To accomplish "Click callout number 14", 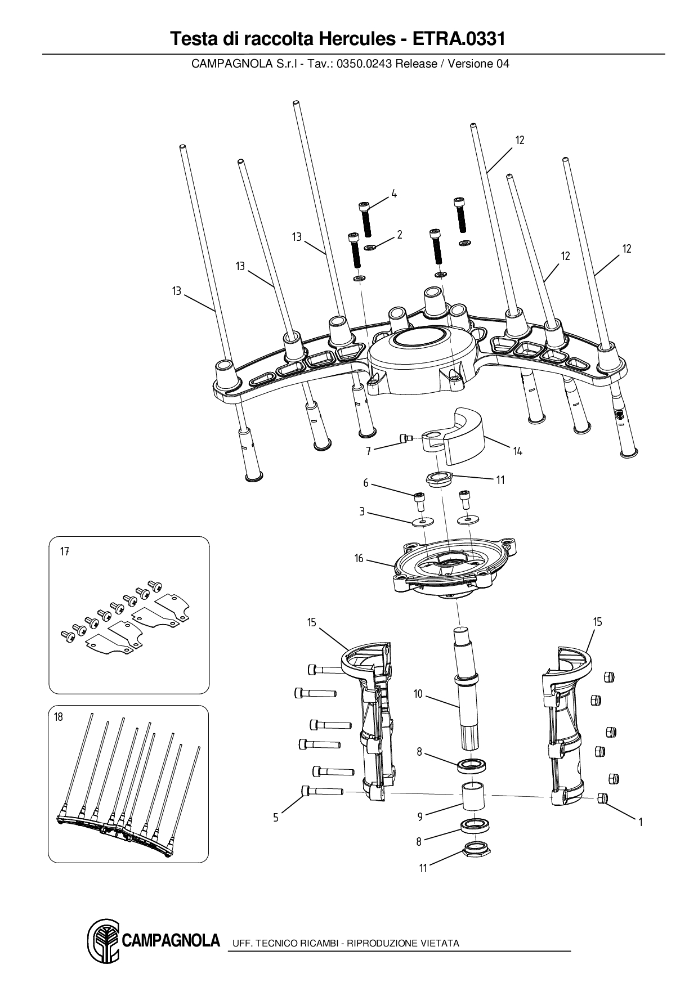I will click(x=517, y=451).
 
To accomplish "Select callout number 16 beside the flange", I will click(x=359, y=558).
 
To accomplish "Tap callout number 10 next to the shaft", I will click(x=418, y=694).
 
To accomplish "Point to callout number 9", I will click(x=419, y=816).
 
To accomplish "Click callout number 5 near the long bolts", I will click(x=276, y=818).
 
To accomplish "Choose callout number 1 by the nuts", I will click(x=641, y=822).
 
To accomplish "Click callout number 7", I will click(x=368, y=451).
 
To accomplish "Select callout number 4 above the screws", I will click(x=394, y=194).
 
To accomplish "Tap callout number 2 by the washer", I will click(x=399, y=235).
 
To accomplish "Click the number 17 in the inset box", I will click(x=65, y=551).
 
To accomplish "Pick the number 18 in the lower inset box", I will click(x=59, y=717).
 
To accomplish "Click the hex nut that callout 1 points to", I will click(x=602, y=797).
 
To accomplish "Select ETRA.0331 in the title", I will click(x=459, y=39).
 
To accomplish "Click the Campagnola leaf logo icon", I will click(x=103, y=941).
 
